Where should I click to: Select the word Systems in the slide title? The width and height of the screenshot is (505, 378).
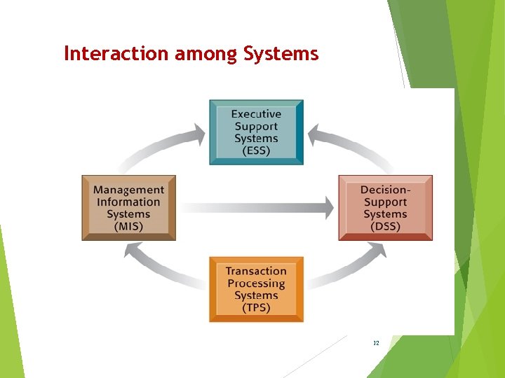[281, 53]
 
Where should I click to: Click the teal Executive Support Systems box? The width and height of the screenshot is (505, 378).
[256, 132]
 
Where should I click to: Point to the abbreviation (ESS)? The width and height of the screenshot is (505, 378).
[256, 151]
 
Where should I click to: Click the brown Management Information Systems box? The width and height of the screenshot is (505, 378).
[128, 208]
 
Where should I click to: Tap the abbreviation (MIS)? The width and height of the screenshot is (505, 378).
[128, 227]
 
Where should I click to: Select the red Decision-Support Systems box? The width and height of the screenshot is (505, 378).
[385, 208]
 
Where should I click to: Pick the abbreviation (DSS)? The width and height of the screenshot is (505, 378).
[385, 227]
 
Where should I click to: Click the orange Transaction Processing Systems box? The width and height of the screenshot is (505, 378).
[256, 289]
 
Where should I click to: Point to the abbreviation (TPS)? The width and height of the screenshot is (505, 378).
[256, 308]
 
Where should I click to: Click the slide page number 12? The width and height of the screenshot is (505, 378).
[376, 343]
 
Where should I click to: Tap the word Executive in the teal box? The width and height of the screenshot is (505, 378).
[256, 113]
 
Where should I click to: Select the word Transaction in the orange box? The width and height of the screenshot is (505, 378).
[256, 271]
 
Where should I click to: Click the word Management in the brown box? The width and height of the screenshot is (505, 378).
[128, 190]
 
